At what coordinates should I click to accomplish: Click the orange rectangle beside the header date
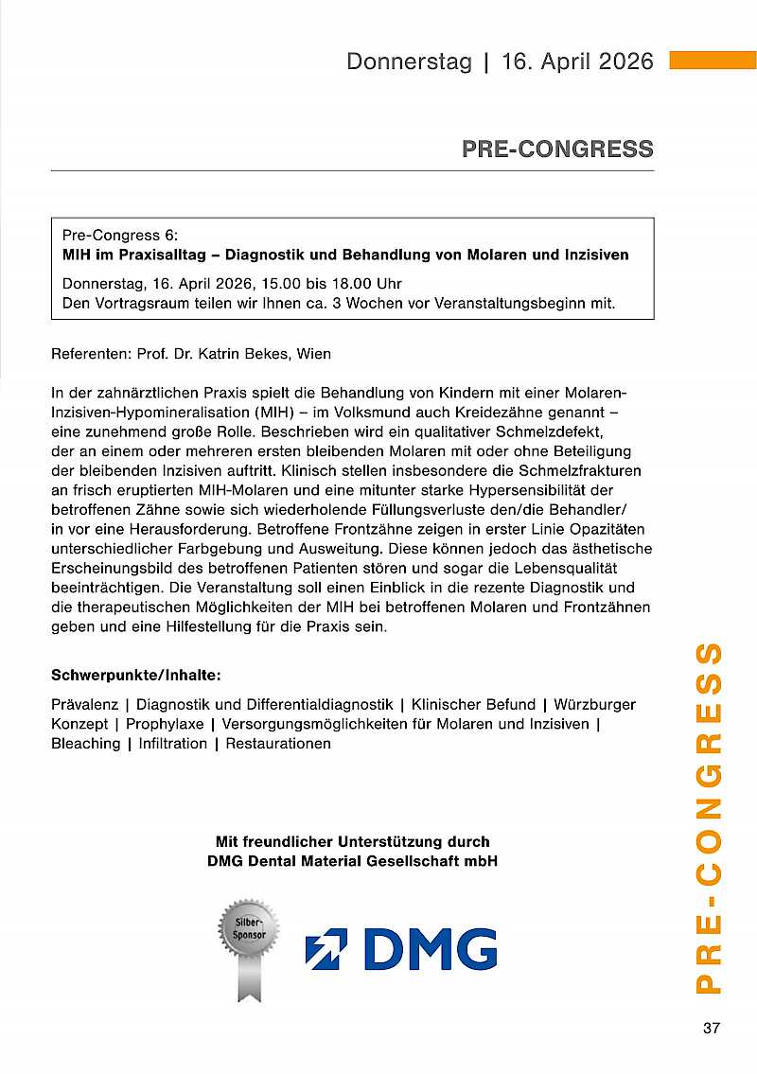(713, 61)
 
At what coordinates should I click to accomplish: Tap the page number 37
(712, 1029)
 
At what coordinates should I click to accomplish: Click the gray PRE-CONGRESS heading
(557, 149)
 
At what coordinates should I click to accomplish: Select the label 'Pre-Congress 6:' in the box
(119, 235)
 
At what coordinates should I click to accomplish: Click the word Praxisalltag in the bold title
(150, 255)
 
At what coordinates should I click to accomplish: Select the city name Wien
(313, 354)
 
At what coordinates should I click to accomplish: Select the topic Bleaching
(85, 744)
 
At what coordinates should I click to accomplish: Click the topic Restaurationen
(278, 744)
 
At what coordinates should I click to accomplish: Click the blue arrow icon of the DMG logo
(326, 948)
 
